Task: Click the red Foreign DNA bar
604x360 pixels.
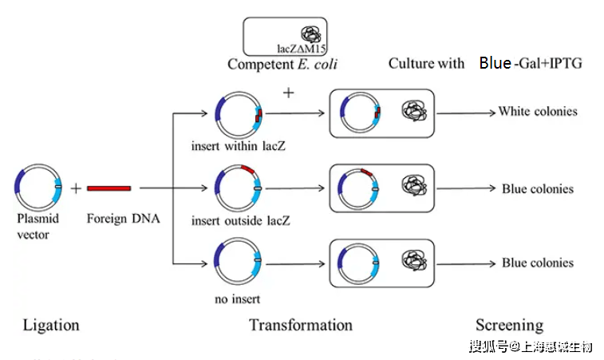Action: click(x=109, y=188)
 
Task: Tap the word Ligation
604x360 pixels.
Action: click(x=51, y=325)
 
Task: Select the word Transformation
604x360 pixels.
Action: click(x=300, y=325)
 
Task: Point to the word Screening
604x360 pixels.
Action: click(x=509, y=325)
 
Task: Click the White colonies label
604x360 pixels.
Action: click(x=537, y=112)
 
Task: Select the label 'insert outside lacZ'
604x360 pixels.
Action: click(x=240, y=220)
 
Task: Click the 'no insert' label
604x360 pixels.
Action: click(x=236, y=299)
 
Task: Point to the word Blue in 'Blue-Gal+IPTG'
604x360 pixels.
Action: click(x=495, y=63)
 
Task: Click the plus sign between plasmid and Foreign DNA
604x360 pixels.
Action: click(x=76, y=188)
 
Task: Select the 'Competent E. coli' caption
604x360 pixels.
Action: click(x=282, y=65)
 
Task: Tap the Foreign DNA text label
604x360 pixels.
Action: click(x=124, y=217)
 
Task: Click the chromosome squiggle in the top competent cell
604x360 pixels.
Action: click(x=310, y=34)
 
